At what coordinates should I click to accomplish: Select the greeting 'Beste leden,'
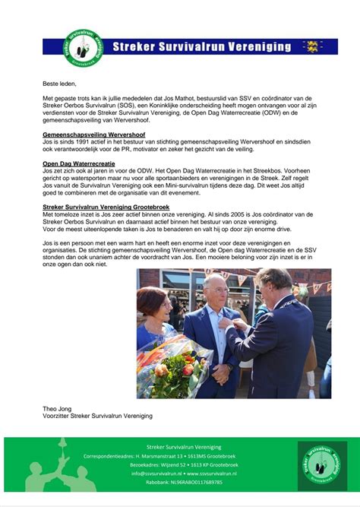(x=60, y=84)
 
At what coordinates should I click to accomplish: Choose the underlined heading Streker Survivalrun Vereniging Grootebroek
(x=106, y=207)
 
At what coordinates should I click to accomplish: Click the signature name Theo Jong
(x=58, y=408)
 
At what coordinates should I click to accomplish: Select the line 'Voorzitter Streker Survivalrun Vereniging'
(x=97, y=416)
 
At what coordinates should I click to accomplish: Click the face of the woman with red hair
(x=152, y=303)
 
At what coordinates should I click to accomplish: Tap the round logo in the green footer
(x=321, y=463)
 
